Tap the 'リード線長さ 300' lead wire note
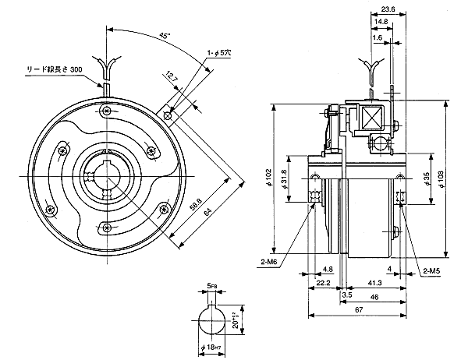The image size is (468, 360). (x=52, y=70)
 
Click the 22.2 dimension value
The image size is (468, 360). (x=324, y=283)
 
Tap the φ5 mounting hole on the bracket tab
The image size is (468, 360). (x=169, y=115)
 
